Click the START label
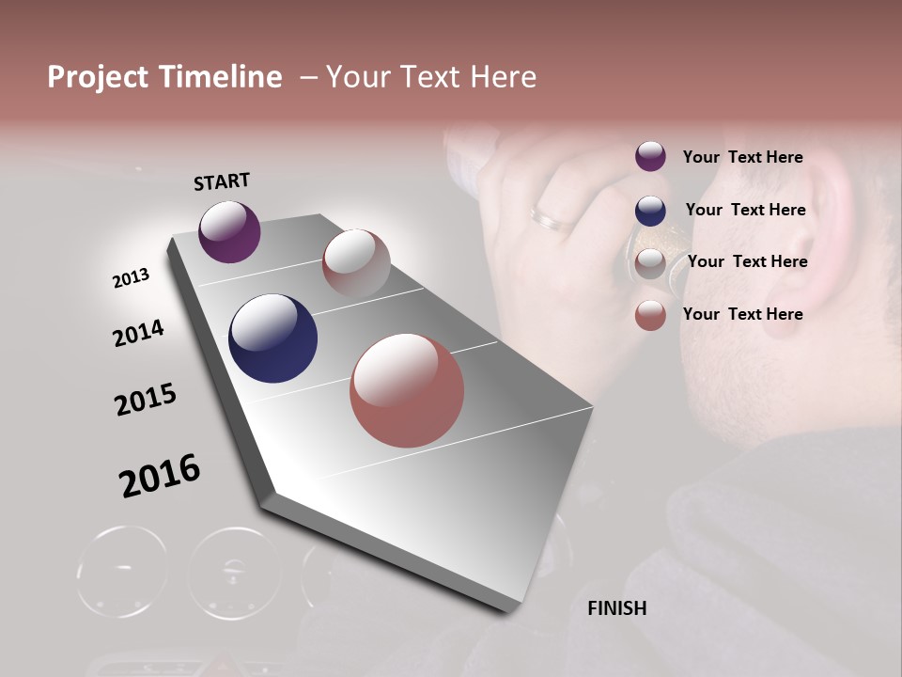[x=222, y=181]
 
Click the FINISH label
[x=616, y=608]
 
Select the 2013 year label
[x=131, y=278]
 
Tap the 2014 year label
[x=138, y=333]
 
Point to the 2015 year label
[x=146, y=400]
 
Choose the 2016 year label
[x=160, y=475]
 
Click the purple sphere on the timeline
[x=229, y=231]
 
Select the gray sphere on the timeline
[x=356, y=262]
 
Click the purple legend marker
[x=650, y=157]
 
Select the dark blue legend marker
[x=650, y=211]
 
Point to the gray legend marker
[x=650, y=263]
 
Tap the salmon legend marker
[x=650, y=315]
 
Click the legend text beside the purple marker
[x=742, y=157]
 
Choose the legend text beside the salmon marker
[x=742, y=314]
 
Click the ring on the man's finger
[x=552, y=219]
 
